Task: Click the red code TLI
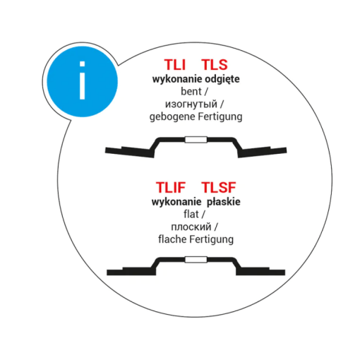[x=175, y=64]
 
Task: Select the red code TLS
[x=215, y=64]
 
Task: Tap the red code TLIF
[x=171, y=187]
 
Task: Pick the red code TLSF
[x=219, y=187]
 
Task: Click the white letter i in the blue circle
[x=82, y=80]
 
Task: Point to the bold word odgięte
[x=222, y=79]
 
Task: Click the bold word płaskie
[x=224, y=202]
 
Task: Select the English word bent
[x=191, y=92]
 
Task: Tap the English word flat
[x=191, y=215]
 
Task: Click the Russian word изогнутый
[x=191, y=104]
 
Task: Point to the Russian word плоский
[x=191, y=227]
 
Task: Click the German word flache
[x=172, y=239]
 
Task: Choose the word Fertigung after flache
[x=212, y=240]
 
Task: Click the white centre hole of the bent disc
[x=196, y=140]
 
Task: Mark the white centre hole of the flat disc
[x=196, y=260]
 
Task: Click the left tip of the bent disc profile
[x=105, y=150]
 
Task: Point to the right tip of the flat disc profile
[x=285, y=272]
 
